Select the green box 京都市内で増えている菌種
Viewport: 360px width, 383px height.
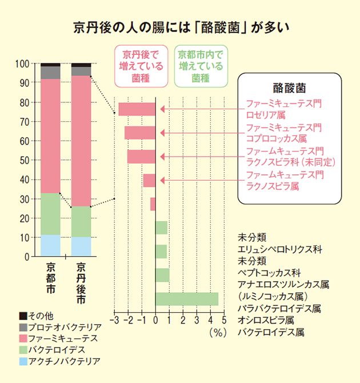tap(199, 66)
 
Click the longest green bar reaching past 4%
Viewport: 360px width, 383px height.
tap(187, 299)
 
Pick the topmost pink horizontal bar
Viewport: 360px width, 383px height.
tap(137, 109)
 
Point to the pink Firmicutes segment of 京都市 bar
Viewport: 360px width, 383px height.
tap(51, 135)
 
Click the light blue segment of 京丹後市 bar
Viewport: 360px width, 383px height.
tap(81, 246)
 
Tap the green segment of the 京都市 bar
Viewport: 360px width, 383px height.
tap(51, 214)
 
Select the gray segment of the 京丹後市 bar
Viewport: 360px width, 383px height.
tap(81, 71)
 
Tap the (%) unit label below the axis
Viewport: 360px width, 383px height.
tap(218, 331)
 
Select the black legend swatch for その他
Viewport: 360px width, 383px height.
tap(22, 316)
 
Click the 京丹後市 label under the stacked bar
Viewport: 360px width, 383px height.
tap(81, 284)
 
